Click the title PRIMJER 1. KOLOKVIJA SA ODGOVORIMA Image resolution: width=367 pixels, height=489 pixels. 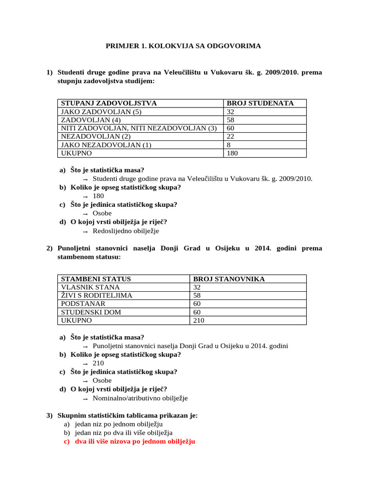(183, 46)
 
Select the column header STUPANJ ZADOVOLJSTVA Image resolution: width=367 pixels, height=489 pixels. (108, 104)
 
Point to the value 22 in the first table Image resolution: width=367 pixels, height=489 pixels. (231, 137)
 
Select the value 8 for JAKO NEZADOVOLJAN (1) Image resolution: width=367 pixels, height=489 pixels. (229, 145)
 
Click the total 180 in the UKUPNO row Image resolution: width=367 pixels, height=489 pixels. (233, 153)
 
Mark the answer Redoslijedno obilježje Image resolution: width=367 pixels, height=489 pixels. (126, 231)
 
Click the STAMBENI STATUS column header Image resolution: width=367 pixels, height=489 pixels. (96, 279)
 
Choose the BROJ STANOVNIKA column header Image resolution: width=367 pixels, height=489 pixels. (229, 279)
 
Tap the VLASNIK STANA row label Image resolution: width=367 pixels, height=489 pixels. (90, 287)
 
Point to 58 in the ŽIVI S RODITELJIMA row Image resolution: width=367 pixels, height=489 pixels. (197, 296)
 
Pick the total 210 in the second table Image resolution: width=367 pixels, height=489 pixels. (199, 320)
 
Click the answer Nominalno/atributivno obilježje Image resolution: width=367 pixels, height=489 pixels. (140, 398)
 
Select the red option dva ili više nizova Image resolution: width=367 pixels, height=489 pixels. (135, 441)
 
